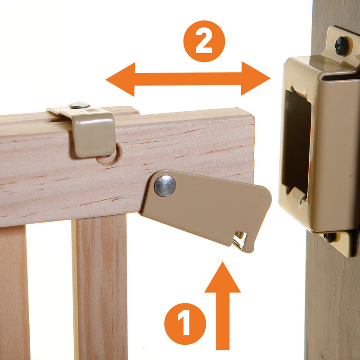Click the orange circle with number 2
click(204, 41)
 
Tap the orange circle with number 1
click(185, 323)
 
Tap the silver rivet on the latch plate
click(165, 186)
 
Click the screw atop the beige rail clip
click(79, 105)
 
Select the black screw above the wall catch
click(342, 45)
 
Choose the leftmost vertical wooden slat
click(13, 292)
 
